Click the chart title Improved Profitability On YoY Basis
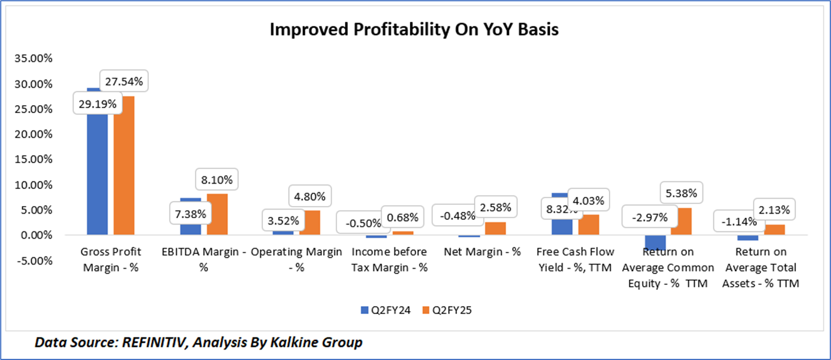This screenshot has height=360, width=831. coord(414,30)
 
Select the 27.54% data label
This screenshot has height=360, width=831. coord(125,80)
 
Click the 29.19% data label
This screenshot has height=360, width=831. coord(98,104)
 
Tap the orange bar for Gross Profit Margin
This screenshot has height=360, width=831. coord(123,167)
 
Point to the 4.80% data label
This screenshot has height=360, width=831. coord(309,196)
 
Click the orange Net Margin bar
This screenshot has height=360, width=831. coord(495,229)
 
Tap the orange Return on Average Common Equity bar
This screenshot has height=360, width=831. coord(681,222)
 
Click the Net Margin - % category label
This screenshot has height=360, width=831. coord(483,252)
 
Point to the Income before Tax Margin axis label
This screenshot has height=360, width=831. coord(390,260)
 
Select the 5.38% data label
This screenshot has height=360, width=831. coord(681,193)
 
